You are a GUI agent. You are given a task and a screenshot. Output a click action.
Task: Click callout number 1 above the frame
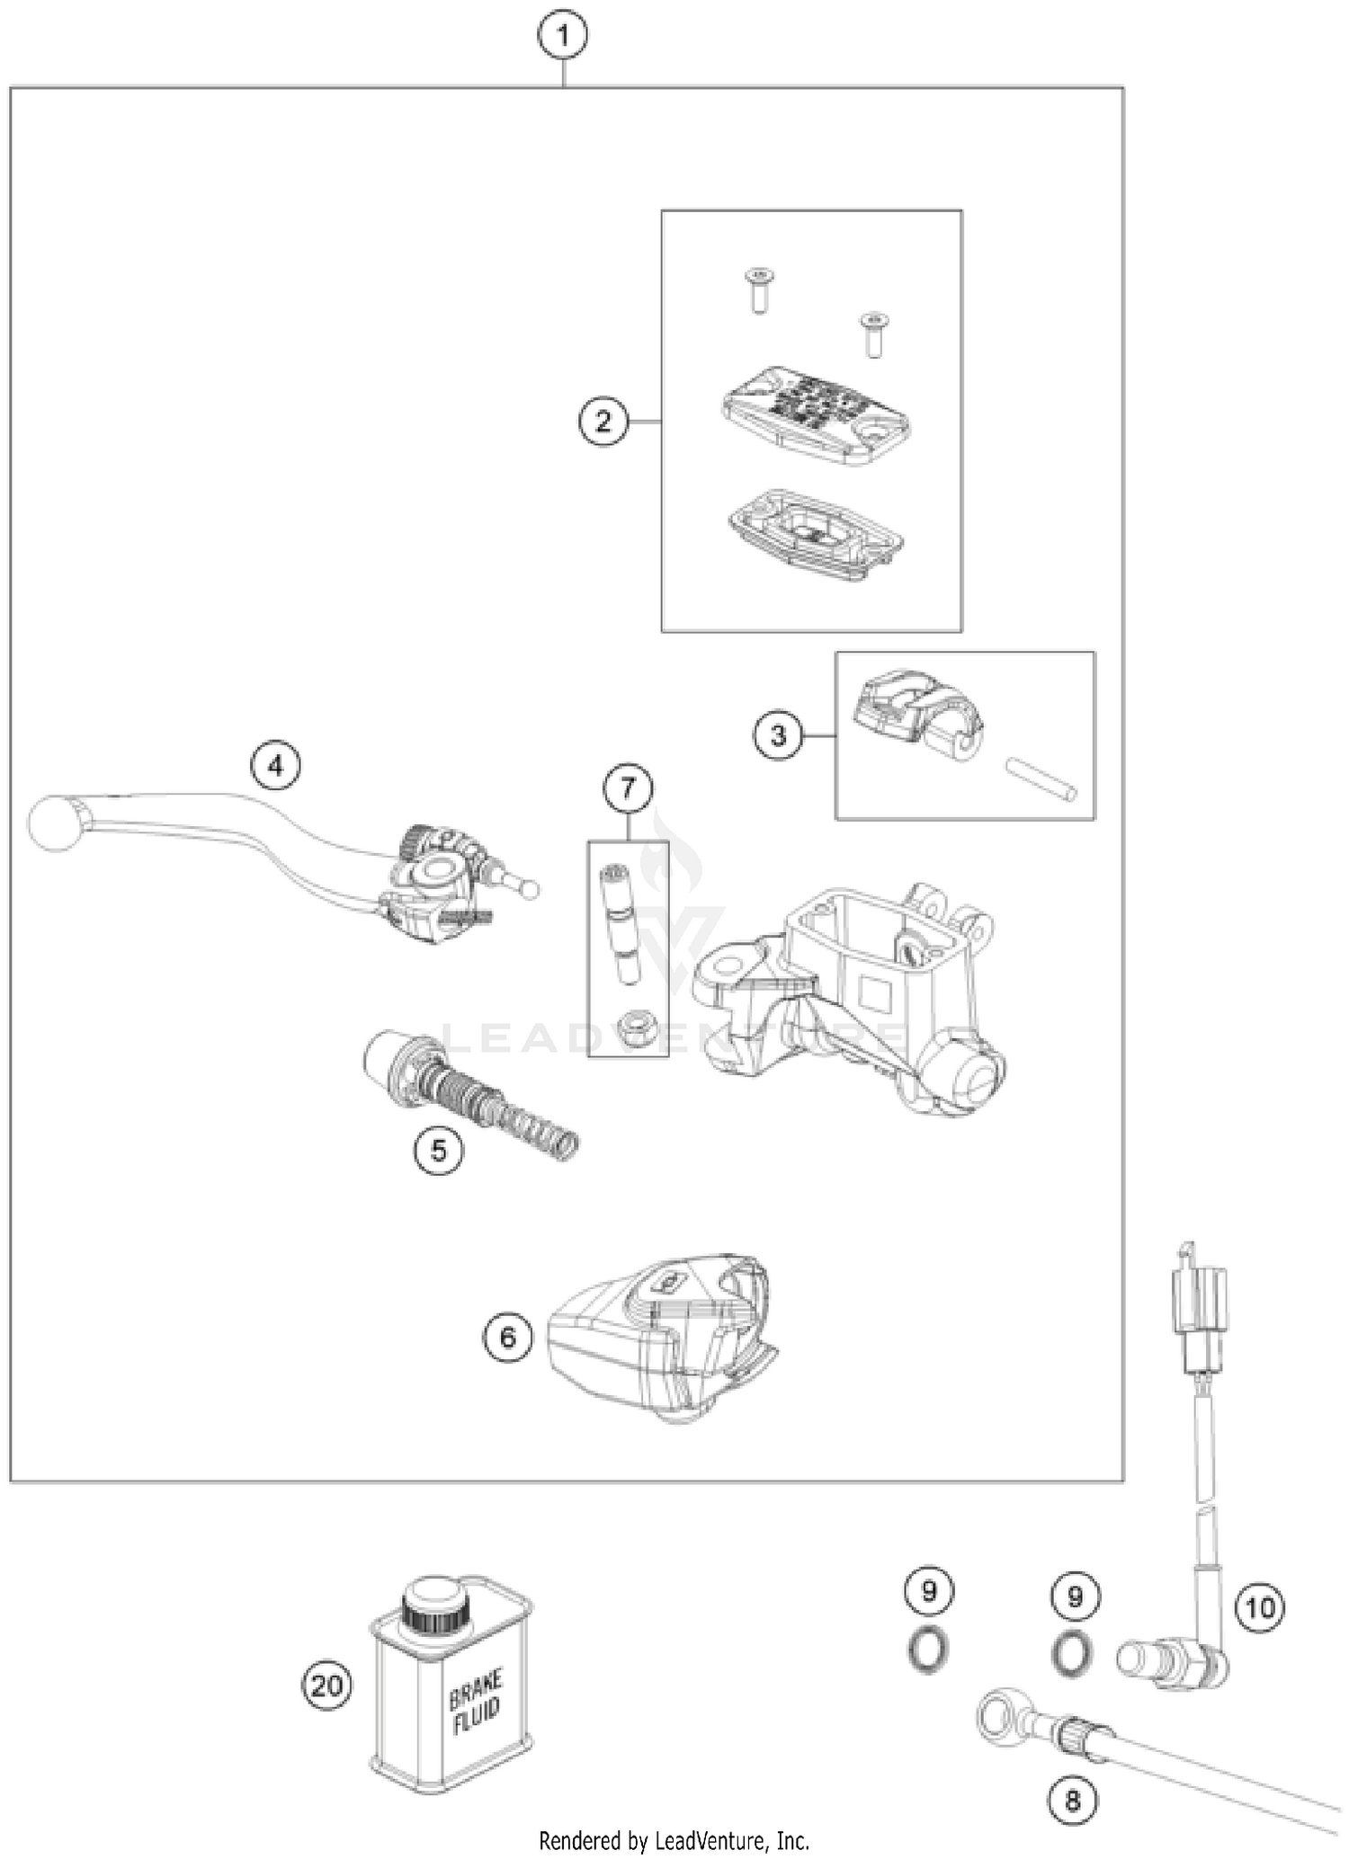coord(563,37)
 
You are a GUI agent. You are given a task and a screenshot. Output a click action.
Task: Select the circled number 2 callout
coord(603,421)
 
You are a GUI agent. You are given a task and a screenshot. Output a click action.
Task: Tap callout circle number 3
coord(778,735)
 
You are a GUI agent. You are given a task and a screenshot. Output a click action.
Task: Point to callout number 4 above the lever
coord(275,766)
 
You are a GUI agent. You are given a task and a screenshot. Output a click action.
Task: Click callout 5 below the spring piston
coord(439,1150)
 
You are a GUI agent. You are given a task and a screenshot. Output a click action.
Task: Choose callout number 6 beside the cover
coord(508,1338)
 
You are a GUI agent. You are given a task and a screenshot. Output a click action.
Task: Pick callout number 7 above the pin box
coord(628,788)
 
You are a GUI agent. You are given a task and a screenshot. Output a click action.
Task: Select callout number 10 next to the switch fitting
coord(1260,1606)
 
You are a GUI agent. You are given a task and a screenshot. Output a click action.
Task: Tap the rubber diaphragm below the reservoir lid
coord(815,534)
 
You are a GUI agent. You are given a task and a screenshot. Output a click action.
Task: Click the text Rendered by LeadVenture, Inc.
coord(674,1841)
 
